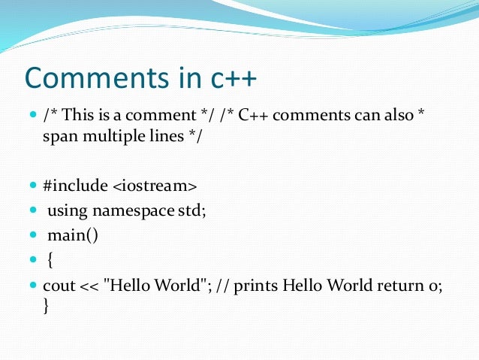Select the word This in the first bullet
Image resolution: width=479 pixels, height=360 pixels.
81,117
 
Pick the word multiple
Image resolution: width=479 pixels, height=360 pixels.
115,138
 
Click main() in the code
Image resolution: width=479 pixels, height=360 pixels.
72,235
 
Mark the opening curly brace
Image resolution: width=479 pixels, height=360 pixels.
50,260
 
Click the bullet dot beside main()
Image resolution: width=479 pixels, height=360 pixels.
32,235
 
